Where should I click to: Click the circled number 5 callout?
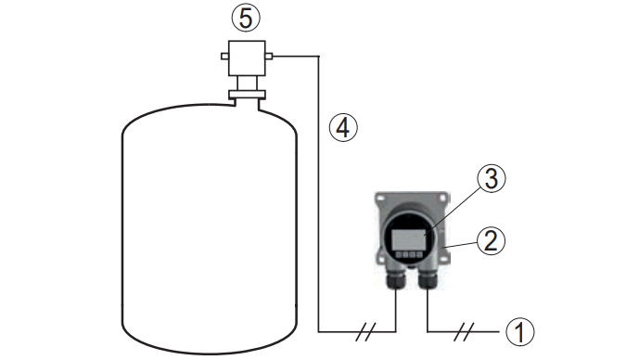[x=246, y=18]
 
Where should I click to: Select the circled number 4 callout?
[x=343, y=128]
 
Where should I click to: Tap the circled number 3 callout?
[x=492, y=178]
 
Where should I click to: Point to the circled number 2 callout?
[x=491, y=240]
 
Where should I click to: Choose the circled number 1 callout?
[x=520, y=332]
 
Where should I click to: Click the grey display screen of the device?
[x=409, y=239]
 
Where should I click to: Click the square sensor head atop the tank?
[x=247, y=58]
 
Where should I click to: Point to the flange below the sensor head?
[x=247, y=95]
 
